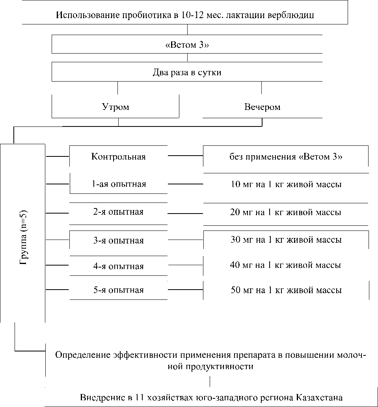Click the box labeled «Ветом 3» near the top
187,45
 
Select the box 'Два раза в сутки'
187,72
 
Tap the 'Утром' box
115,107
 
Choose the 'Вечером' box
262,107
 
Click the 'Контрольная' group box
119,156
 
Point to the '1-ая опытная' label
119,184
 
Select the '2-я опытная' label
119,212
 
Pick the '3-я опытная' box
119,240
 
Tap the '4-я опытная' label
119,266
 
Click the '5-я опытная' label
119,290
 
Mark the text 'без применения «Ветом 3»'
286,156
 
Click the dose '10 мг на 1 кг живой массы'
286,184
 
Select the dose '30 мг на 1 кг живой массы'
286,240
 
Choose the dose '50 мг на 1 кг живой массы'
286,290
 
